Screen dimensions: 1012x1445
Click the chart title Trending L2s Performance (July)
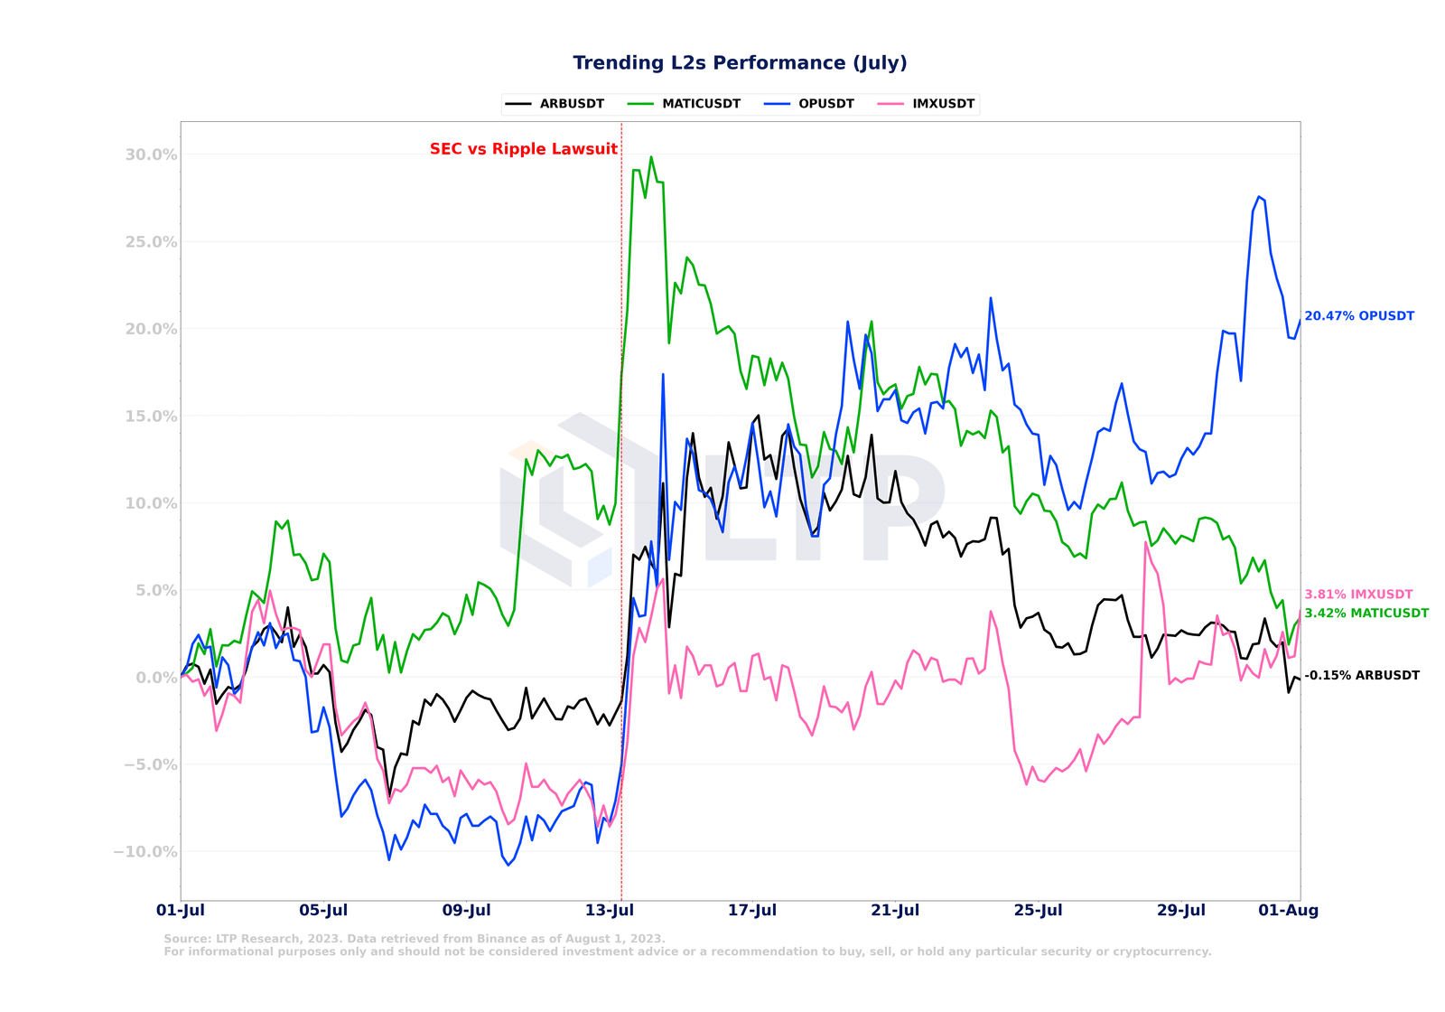tap(740, 63)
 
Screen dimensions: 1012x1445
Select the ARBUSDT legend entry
tap(572, 104)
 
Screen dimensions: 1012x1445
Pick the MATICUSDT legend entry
tap(701, 104)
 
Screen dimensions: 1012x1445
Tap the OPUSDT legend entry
tap(825, 104)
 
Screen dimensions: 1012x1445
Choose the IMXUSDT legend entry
tap(943, 104)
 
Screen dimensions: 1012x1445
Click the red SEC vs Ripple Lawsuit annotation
tap(524, 149)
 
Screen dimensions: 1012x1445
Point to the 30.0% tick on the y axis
tap(151, 155)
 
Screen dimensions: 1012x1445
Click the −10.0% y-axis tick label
tap(145, 852)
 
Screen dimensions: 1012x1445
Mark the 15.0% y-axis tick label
tap(151, 417)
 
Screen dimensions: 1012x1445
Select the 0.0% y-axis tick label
tap(155, 678)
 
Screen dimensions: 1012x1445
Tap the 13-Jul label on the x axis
tap(610, 911)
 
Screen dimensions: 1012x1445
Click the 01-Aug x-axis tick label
tap(1289, 911)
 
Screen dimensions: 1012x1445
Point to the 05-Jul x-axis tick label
tap(323, 911)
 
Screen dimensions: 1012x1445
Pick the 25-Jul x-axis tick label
tap(1038, 911)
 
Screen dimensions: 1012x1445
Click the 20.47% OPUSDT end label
tap(1359, 316)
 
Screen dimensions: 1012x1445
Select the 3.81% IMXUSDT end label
tap(1358, 595)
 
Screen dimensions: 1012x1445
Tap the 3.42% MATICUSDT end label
tap(1366, 614)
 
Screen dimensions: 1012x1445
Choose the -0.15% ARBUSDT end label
tap(1362, 676)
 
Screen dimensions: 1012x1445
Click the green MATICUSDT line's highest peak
tap(651, 157)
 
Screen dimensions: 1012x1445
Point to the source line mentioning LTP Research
tap(415, 939)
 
